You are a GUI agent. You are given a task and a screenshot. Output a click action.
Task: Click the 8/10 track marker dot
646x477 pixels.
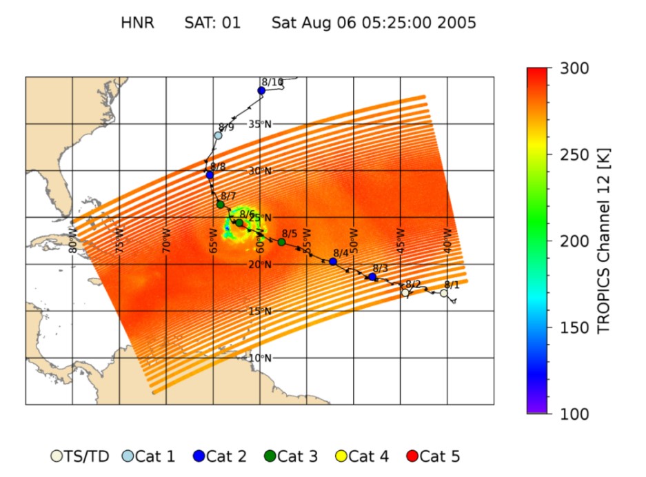pos(261,90)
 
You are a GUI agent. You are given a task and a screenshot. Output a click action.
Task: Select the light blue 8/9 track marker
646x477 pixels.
pos(218,135)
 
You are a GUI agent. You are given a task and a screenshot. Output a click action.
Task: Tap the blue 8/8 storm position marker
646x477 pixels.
pos(210,174)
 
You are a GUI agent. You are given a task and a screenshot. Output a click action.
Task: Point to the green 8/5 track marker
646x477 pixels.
pos(281,242)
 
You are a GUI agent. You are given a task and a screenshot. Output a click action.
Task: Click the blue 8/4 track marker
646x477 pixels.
pos(333,261)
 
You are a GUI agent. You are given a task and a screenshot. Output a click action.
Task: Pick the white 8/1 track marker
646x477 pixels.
pos(444,293)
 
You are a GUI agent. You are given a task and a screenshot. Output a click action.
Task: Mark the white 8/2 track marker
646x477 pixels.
pos(405,293)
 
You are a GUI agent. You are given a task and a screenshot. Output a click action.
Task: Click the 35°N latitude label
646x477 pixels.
pos(260,124)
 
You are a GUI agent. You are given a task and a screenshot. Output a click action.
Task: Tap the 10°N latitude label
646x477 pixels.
pos(260,358)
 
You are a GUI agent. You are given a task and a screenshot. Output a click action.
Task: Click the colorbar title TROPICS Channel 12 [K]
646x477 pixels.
pos(605,241)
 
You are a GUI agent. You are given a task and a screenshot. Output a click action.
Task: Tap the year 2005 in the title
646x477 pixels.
pos(457,23)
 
